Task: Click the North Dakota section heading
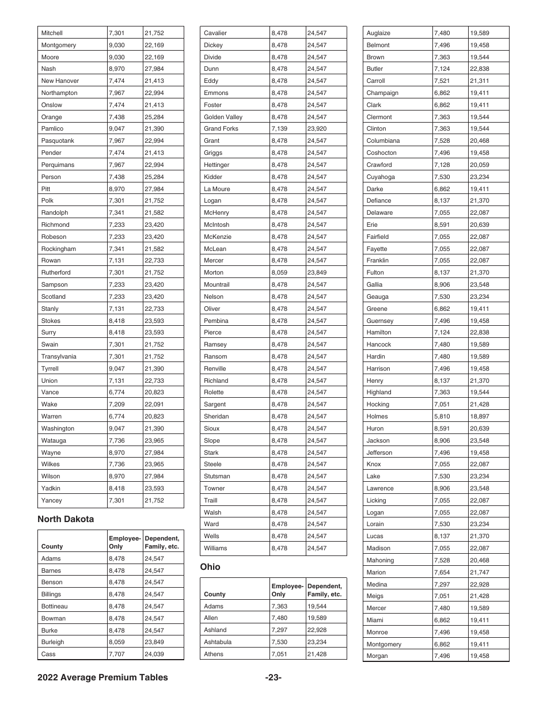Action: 66,519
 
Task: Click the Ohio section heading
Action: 210,566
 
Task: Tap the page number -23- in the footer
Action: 273,677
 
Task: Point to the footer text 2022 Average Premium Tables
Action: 103,677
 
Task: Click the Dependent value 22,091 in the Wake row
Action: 154,404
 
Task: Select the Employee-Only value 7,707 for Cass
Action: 116,654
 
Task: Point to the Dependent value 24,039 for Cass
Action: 154,654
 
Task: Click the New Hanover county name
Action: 60,81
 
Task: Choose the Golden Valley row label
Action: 223,117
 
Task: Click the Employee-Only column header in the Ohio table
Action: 287,590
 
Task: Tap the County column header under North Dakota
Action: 52,546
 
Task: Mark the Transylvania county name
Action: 59,356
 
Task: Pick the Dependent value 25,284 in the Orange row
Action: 154,117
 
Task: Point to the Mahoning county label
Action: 380,560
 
